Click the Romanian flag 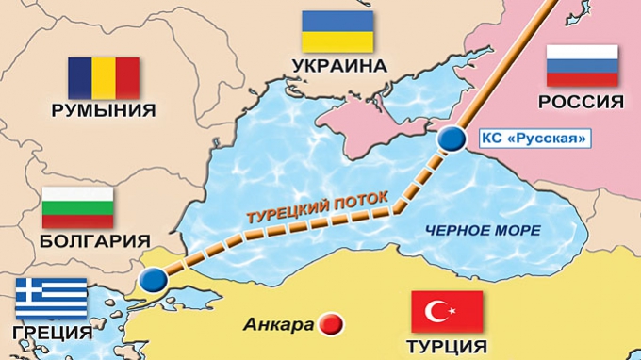pos(104,77)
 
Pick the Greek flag pos(51,298)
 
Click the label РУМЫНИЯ pos(105,110)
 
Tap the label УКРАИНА pos(339,66)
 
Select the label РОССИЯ pos(583,102)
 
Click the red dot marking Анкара pos(330,325)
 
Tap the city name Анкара pos(279,326)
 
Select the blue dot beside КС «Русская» pos(453,139)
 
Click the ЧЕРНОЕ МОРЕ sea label pos(483,231)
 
